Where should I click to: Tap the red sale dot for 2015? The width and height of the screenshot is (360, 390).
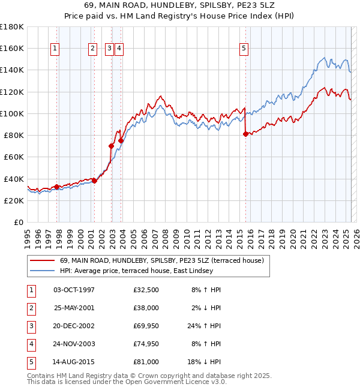coord(245,134)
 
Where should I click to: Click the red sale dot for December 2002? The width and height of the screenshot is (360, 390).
coord(111,146)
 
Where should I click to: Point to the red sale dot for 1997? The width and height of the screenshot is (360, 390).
coord(56,187)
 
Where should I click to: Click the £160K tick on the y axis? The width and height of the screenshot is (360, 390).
coord(12,48)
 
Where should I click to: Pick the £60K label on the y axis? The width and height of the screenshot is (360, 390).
coord(13,157)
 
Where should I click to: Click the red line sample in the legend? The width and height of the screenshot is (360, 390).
coord(43,261)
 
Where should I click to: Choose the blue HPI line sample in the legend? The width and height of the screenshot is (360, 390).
coord(43,271)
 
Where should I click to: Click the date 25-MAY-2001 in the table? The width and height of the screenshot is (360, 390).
coord(74,307)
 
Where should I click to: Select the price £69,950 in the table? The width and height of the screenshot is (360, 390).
coord(146,326)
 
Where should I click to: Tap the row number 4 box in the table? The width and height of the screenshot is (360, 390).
coord(31,344)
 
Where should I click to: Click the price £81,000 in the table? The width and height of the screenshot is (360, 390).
coord(146,362)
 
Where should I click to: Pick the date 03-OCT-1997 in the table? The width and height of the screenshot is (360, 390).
coord(74,289)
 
